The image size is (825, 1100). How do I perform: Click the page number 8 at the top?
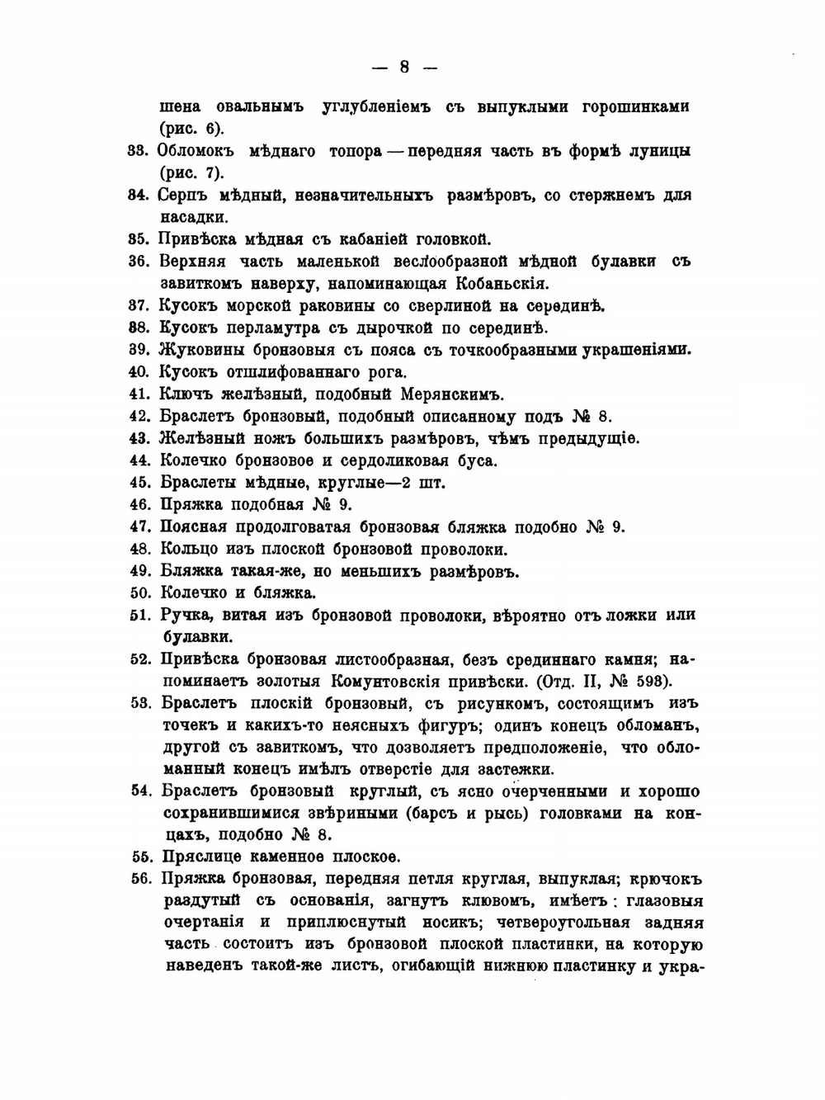[x=404, y=68]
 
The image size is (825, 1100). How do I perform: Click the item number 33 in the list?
[x=138, y=152]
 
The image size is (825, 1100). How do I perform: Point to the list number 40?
[x=139, y=371]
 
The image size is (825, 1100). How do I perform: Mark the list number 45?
[x=139, y=482]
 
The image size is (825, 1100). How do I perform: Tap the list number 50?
[x=139, y=592]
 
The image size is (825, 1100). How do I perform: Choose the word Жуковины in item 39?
[x=196, y=350]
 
